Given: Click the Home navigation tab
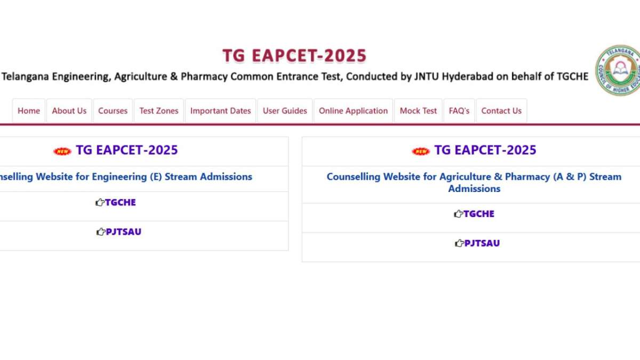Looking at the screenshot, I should click(x=29, y=111).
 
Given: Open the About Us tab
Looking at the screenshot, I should click(x=69, y=111).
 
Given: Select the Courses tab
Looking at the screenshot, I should click(x=113, y=111).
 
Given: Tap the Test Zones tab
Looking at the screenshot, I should click(x=159, y=111).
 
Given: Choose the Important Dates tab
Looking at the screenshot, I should click(x=220, y=111).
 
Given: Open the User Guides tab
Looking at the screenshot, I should click(x=285, y=111).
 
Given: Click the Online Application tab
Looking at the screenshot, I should click(x=353, y=111).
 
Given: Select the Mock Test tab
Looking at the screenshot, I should click(x=418, y=111).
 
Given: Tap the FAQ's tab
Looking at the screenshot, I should click(x=459, y=111).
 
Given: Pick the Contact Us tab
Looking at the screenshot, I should click(x=501, y=111).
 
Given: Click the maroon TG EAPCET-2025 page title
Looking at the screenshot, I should click(x=294, y=56).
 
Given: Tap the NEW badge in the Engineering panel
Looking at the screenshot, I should click(x=62, y=151).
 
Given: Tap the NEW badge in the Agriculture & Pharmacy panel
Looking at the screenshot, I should click(x=421, y=151).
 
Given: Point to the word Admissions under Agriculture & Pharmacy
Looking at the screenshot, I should click(x=474, y=189).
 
